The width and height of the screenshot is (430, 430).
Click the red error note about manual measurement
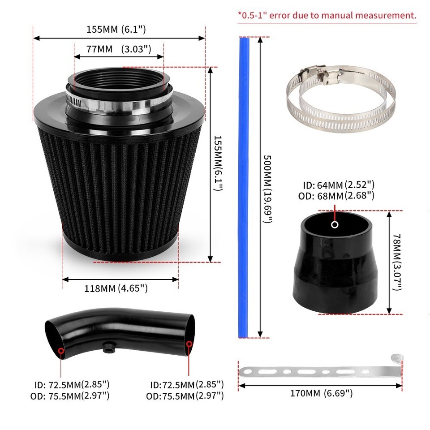pyautogui.click(x=327, y=15)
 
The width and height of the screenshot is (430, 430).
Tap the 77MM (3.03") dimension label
pyautogui.click(x=119, y=49)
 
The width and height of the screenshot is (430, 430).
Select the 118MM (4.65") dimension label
pyautogui.click(x=116, y=288)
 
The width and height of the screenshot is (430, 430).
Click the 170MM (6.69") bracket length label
pyautogui.click(x=320, y=393)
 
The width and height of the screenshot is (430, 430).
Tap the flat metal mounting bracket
pyautogui.click(x=320, y=370)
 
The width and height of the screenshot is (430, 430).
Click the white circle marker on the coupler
pyautogui.click(x=335, y=225)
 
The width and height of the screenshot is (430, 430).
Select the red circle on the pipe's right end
pyautogui.click(x=189, y=344)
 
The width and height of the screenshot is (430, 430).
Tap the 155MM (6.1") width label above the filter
pyautogui.click(x=116, y=30)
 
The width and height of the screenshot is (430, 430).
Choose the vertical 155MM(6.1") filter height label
pyautogui.click(x=217, y=163)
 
